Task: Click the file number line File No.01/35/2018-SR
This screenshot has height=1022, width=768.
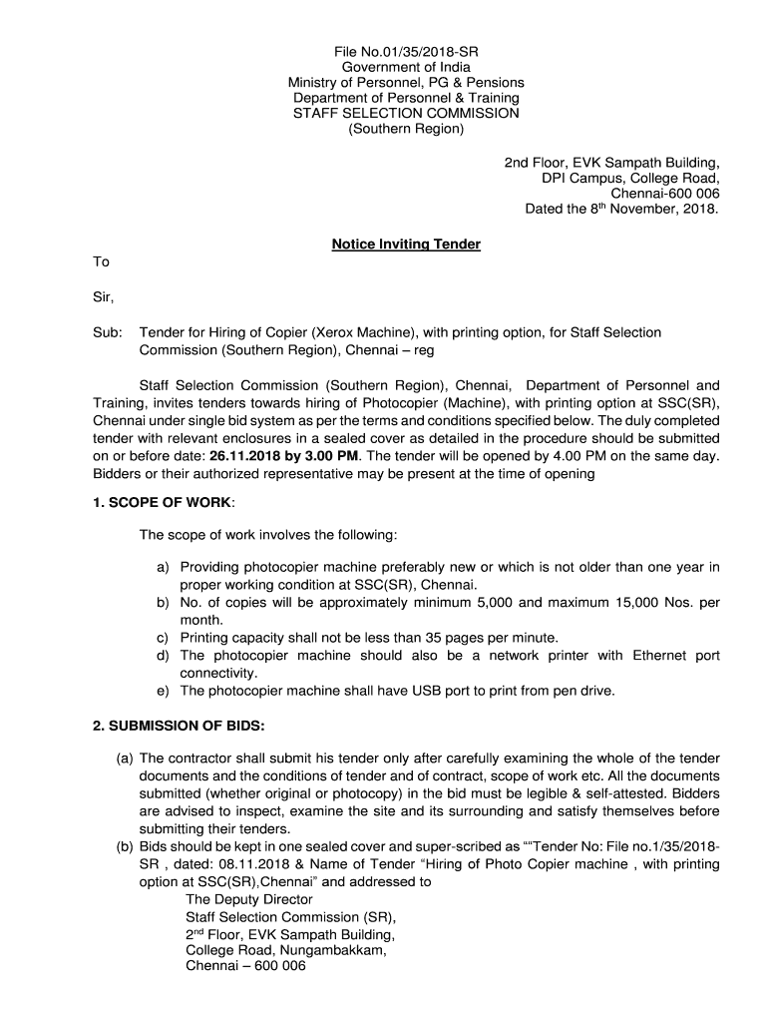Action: (406, 50)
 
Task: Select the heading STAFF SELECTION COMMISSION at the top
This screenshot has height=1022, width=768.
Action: (406, 114)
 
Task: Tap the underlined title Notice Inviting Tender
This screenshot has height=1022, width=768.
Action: (406, 244)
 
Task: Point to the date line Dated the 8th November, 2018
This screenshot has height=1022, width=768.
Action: (621, 210)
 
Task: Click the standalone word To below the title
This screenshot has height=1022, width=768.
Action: (101, 261)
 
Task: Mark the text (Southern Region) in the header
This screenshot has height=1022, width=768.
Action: (406, 130)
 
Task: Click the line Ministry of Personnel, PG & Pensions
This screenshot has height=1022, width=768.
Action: (406, 82)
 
